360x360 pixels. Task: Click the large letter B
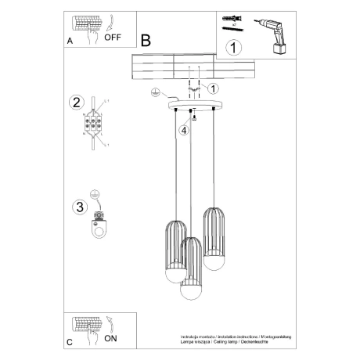pos(146,39)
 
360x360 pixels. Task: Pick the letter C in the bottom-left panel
pos(70,342)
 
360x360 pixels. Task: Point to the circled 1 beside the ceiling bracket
pos(214,88)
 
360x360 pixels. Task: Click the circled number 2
pos(76,103)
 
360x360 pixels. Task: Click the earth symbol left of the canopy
pos(155,93)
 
